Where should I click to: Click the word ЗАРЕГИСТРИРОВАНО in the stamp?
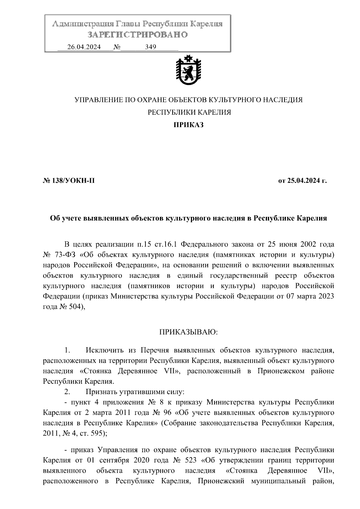coord(138,35)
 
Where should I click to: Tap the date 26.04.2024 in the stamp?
coord(84,47)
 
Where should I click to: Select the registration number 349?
coord(150,47)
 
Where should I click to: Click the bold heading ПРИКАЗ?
coord(189,125)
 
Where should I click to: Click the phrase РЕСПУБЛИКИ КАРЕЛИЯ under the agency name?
coord(190,112)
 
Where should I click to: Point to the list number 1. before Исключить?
coord(67,350)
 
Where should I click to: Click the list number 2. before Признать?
coord(67,392)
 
